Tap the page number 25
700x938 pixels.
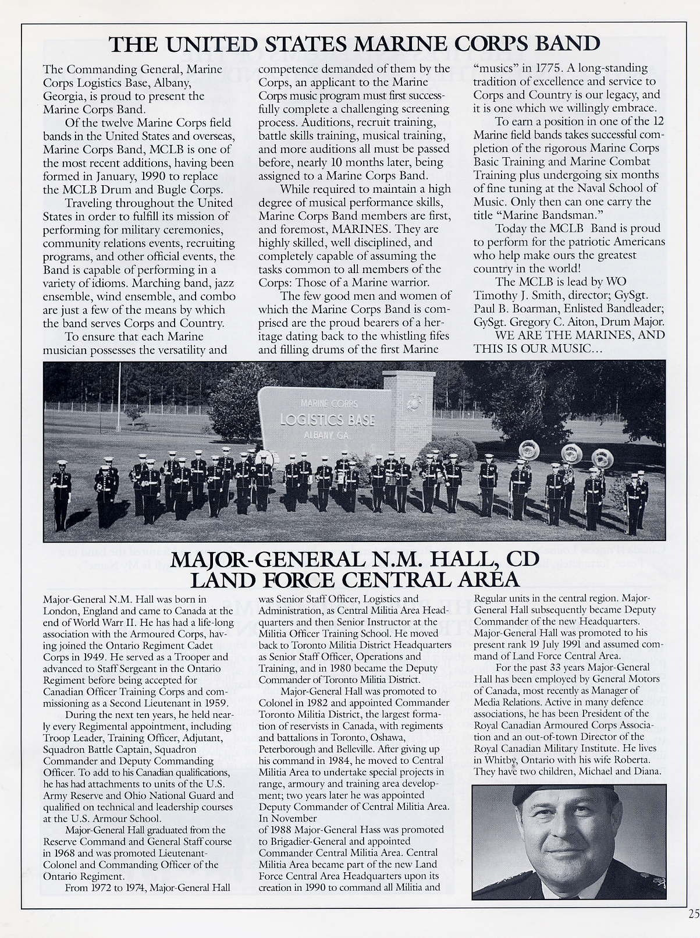pyautogui.click(x=693, y=914)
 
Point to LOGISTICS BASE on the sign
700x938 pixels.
pyautogui.click(x=328, y=420)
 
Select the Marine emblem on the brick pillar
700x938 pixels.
pyautogui.click(x=415, y=401)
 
